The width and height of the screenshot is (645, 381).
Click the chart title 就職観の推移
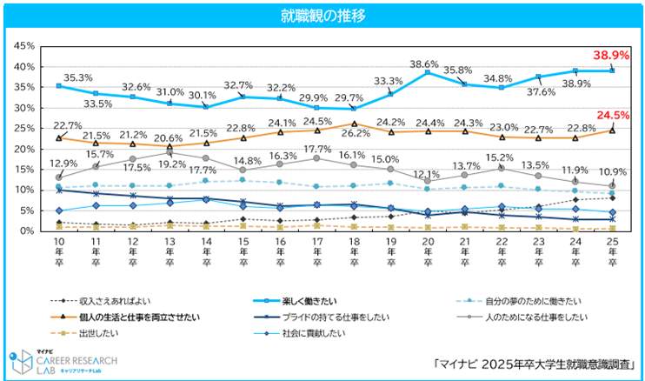pos(322,16)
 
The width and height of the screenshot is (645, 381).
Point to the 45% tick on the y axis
pos(24,46)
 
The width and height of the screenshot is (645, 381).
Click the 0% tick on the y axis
pos(28,231)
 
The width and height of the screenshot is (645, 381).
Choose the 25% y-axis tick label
pos(24,129)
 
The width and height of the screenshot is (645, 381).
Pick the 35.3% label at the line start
pos(67,77)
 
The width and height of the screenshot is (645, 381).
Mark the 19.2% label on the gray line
pos(170,164)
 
